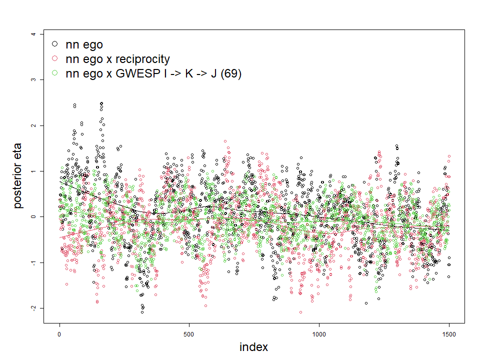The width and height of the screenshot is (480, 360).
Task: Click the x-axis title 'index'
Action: coord(253,347)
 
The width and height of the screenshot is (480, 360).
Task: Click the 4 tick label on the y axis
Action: coord(32,34)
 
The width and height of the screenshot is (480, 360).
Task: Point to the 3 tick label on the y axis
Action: coord(32,79)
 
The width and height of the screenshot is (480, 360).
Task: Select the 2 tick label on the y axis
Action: coord(32,125)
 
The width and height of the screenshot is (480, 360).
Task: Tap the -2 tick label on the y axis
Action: coord(32,308)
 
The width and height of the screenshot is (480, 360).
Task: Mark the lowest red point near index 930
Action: coord(300,312)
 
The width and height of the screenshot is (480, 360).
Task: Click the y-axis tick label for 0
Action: coord(32,217)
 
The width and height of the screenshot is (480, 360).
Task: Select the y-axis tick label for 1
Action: coord(32,171)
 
